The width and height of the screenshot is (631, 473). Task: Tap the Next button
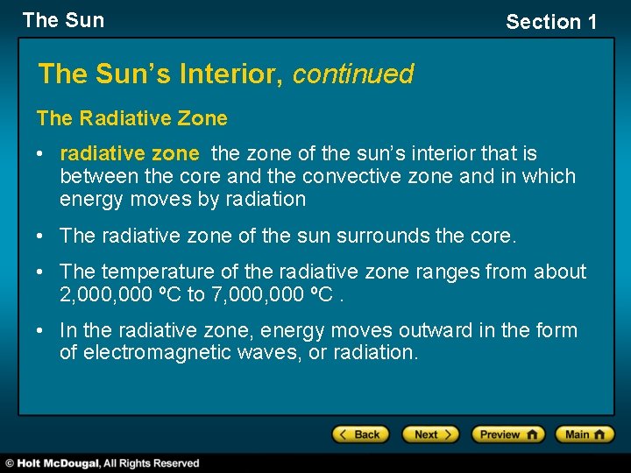(x=429, y=434)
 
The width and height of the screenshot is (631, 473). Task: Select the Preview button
(x=507, y=434)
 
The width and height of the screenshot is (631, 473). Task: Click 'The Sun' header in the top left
(x=63, y=20)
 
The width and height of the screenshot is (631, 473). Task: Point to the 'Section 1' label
(x=551, y=22)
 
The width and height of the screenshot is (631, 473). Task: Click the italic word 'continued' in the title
(x=353, y=74)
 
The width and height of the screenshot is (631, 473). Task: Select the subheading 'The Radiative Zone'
(x=131, y=118)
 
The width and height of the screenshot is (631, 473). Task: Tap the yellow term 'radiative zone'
(x=130, y=154)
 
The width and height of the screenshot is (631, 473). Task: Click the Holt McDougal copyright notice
(x=103, y=463)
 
